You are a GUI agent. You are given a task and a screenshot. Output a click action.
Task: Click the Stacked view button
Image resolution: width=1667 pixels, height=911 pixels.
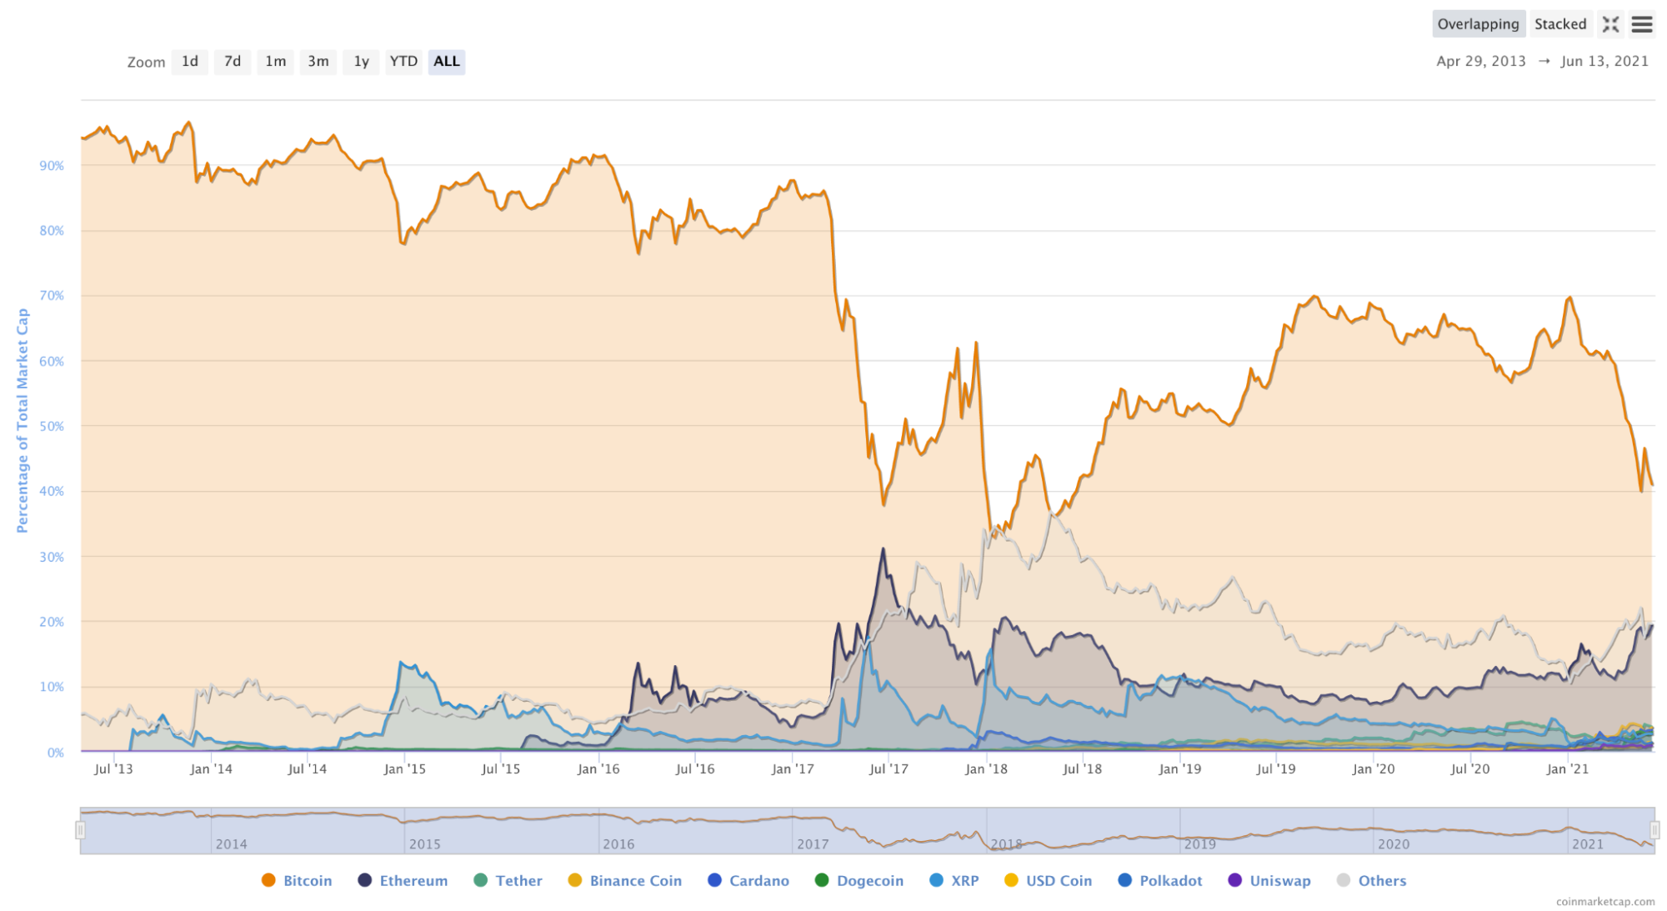point(1560,24)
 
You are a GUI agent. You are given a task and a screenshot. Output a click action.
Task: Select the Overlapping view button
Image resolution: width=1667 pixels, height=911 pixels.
point(1478,24)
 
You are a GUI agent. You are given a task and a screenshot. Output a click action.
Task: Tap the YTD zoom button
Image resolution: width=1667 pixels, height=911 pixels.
point(403,62)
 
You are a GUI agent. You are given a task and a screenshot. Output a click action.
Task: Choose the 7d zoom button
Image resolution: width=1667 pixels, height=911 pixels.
point(233,62)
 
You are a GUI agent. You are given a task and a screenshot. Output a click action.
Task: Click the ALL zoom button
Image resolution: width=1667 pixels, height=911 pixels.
point(447,62)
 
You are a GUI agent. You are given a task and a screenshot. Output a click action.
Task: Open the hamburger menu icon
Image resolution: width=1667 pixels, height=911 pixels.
point(1642,25)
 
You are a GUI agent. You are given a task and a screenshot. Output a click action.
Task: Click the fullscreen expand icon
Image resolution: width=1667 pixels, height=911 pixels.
point(1610,25)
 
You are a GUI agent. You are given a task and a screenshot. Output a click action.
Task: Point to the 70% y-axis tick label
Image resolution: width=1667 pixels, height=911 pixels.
point(52,296)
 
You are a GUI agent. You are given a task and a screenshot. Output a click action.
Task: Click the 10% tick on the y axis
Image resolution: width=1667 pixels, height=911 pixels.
point(52,688)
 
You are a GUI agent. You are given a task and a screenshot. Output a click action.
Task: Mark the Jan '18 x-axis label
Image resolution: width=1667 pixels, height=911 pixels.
point(986,769)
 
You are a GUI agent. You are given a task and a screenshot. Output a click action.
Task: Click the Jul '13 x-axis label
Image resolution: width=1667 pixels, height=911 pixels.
point(113,769)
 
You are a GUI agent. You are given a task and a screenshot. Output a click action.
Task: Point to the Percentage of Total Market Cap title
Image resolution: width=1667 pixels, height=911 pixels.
point(23,421)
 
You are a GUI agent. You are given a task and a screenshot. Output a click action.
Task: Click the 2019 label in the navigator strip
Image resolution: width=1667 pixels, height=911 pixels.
point(1199,844)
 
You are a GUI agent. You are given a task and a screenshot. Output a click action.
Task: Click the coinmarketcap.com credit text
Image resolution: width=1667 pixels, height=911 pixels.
point(1605,902)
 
